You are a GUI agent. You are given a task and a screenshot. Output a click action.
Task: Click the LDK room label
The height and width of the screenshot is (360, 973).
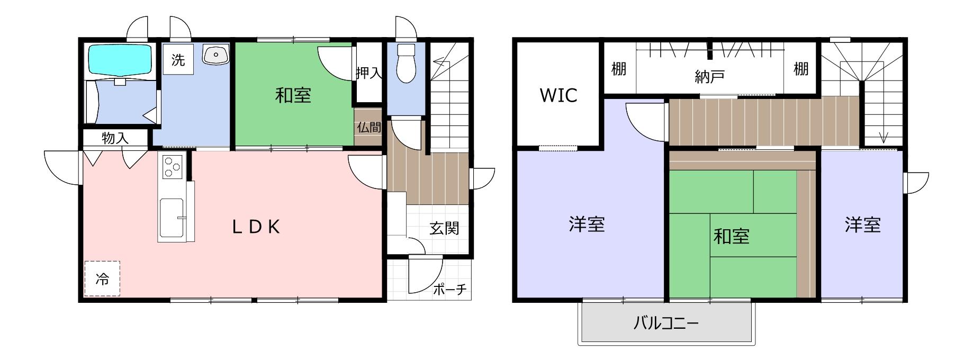[256, 227]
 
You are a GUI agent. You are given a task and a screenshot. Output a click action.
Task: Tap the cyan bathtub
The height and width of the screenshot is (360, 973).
[120, 59]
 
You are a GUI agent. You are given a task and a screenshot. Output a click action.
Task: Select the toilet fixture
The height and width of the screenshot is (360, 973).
[407, 64]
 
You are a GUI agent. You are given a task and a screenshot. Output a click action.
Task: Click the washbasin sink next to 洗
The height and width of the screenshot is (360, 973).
[215, 55]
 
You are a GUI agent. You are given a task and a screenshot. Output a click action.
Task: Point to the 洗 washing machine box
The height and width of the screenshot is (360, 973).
[178, 59]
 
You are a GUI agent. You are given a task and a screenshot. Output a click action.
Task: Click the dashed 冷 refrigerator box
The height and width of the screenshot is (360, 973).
[102, 278]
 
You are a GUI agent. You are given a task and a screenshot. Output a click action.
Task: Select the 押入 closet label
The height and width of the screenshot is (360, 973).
[369, 73]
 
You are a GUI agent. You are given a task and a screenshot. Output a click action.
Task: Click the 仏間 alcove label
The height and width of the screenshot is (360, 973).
[368, 128]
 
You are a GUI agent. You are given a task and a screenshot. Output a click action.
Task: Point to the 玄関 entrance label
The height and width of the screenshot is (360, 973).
[444, 229]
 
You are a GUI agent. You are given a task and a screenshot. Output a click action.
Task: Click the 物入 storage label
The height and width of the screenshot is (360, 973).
[115, 138]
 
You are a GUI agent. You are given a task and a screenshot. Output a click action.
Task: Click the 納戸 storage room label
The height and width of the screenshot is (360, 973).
[709, 77]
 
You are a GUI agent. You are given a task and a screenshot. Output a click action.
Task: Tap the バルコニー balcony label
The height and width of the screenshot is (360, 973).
[666, 322]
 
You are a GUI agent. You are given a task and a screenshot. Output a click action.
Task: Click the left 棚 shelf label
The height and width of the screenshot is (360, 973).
[619, 69]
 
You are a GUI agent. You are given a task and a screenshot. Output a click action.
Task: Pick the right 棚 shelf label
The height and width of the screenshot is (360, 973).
[801, 69]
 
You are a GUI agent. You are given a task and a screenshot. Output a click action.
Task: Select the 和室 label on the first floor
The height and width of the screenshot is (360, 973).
[293, 95]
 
